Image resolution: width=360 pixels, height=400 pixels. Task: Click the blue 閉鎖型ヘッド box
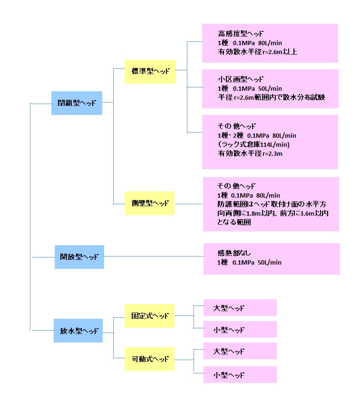point(77,103)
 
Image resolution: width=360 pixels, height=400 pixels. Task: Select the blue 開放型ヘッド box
point(79,257)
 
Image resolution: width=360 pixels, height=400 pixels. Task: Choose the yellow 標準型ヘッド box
point(150,71)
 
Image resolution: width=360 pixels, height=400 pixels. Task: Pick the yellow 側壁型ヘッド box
point(150,203)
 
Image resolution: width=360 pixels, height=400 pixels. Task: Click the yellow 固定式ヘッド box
point(149,316)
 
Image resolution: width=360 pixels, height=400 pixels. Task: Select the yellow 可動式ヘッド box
point(149,359)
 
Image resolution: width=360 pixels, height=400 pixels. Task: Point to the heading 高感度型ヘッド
point(241,34)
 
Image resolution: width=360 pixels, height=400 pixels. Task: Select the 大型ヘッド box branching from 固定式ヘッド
point(240,308)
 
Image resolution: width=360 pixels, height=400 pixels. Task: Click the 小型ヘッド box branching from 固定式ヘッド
point(240,330)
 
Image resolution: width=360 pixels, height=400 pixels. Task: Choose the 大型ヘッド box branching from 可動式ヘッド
point(240,352)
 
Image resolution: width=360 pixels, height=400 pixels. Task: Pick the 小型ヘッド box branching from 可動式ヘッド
point(240,375)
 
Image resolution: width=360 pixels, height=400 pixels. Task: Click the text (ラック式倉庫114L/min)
point(253,144)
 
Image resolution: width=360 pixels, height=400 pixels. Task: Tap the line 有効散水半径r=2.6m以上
point(258,51)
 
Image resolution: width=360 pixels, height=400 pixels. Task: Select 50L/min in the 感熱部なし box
point(270,263)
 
